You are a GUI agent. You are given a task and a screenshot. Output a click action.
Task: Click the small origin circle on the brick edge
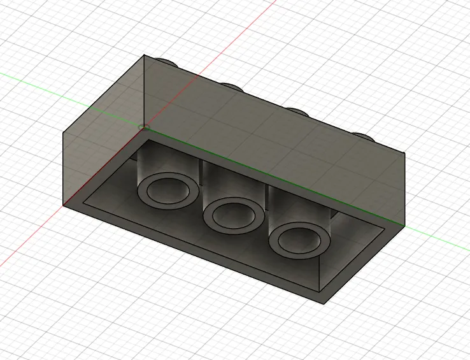pos(143,127)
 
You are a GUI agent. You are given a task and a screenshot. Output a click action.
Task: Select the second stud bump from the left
pos(231,86)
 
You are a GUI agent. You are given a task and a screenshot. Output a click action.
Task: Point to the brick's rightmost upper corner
pos(406,153)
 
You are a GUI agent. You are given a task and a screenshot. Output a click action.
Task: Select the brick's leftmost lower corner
pos(63,205)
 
